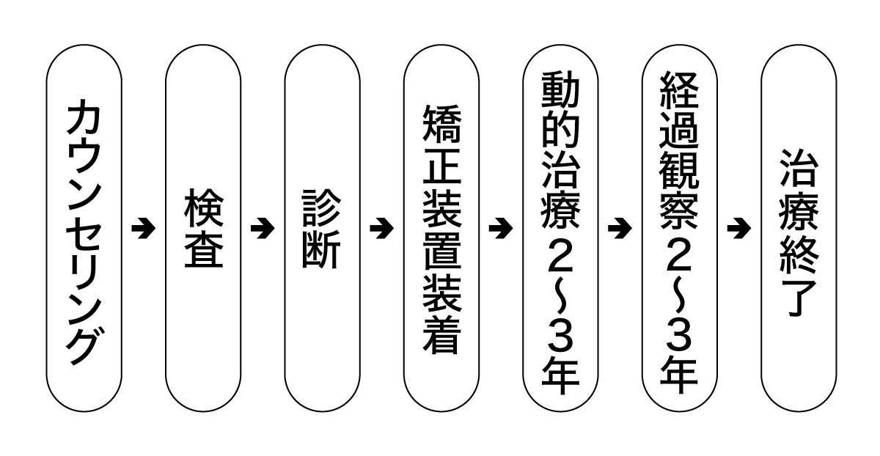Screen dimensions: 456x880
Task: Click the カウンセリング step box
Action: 83,229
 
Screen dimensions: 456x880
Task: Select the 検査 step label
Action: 202,229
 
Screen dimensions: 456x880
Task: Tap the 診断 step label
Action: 322,229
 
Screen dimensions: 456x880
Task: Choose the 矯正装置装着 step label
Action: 441,229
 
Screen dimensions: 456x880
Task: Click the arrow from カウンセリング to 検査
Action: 143,229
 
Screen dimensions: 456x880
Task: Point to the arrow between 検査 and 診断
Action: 262,229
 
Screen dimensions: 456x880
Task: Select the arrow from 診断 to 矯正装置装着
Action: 381,229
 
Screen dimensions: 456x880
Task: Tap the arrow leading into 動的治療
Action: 500,229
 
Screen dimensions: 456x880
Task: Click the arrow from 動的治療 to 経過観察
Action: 620,229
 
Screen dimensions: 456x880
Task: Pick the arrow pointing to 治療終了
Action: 738,229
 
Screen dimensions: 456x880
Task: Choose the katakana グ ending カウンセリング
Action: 83,345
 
